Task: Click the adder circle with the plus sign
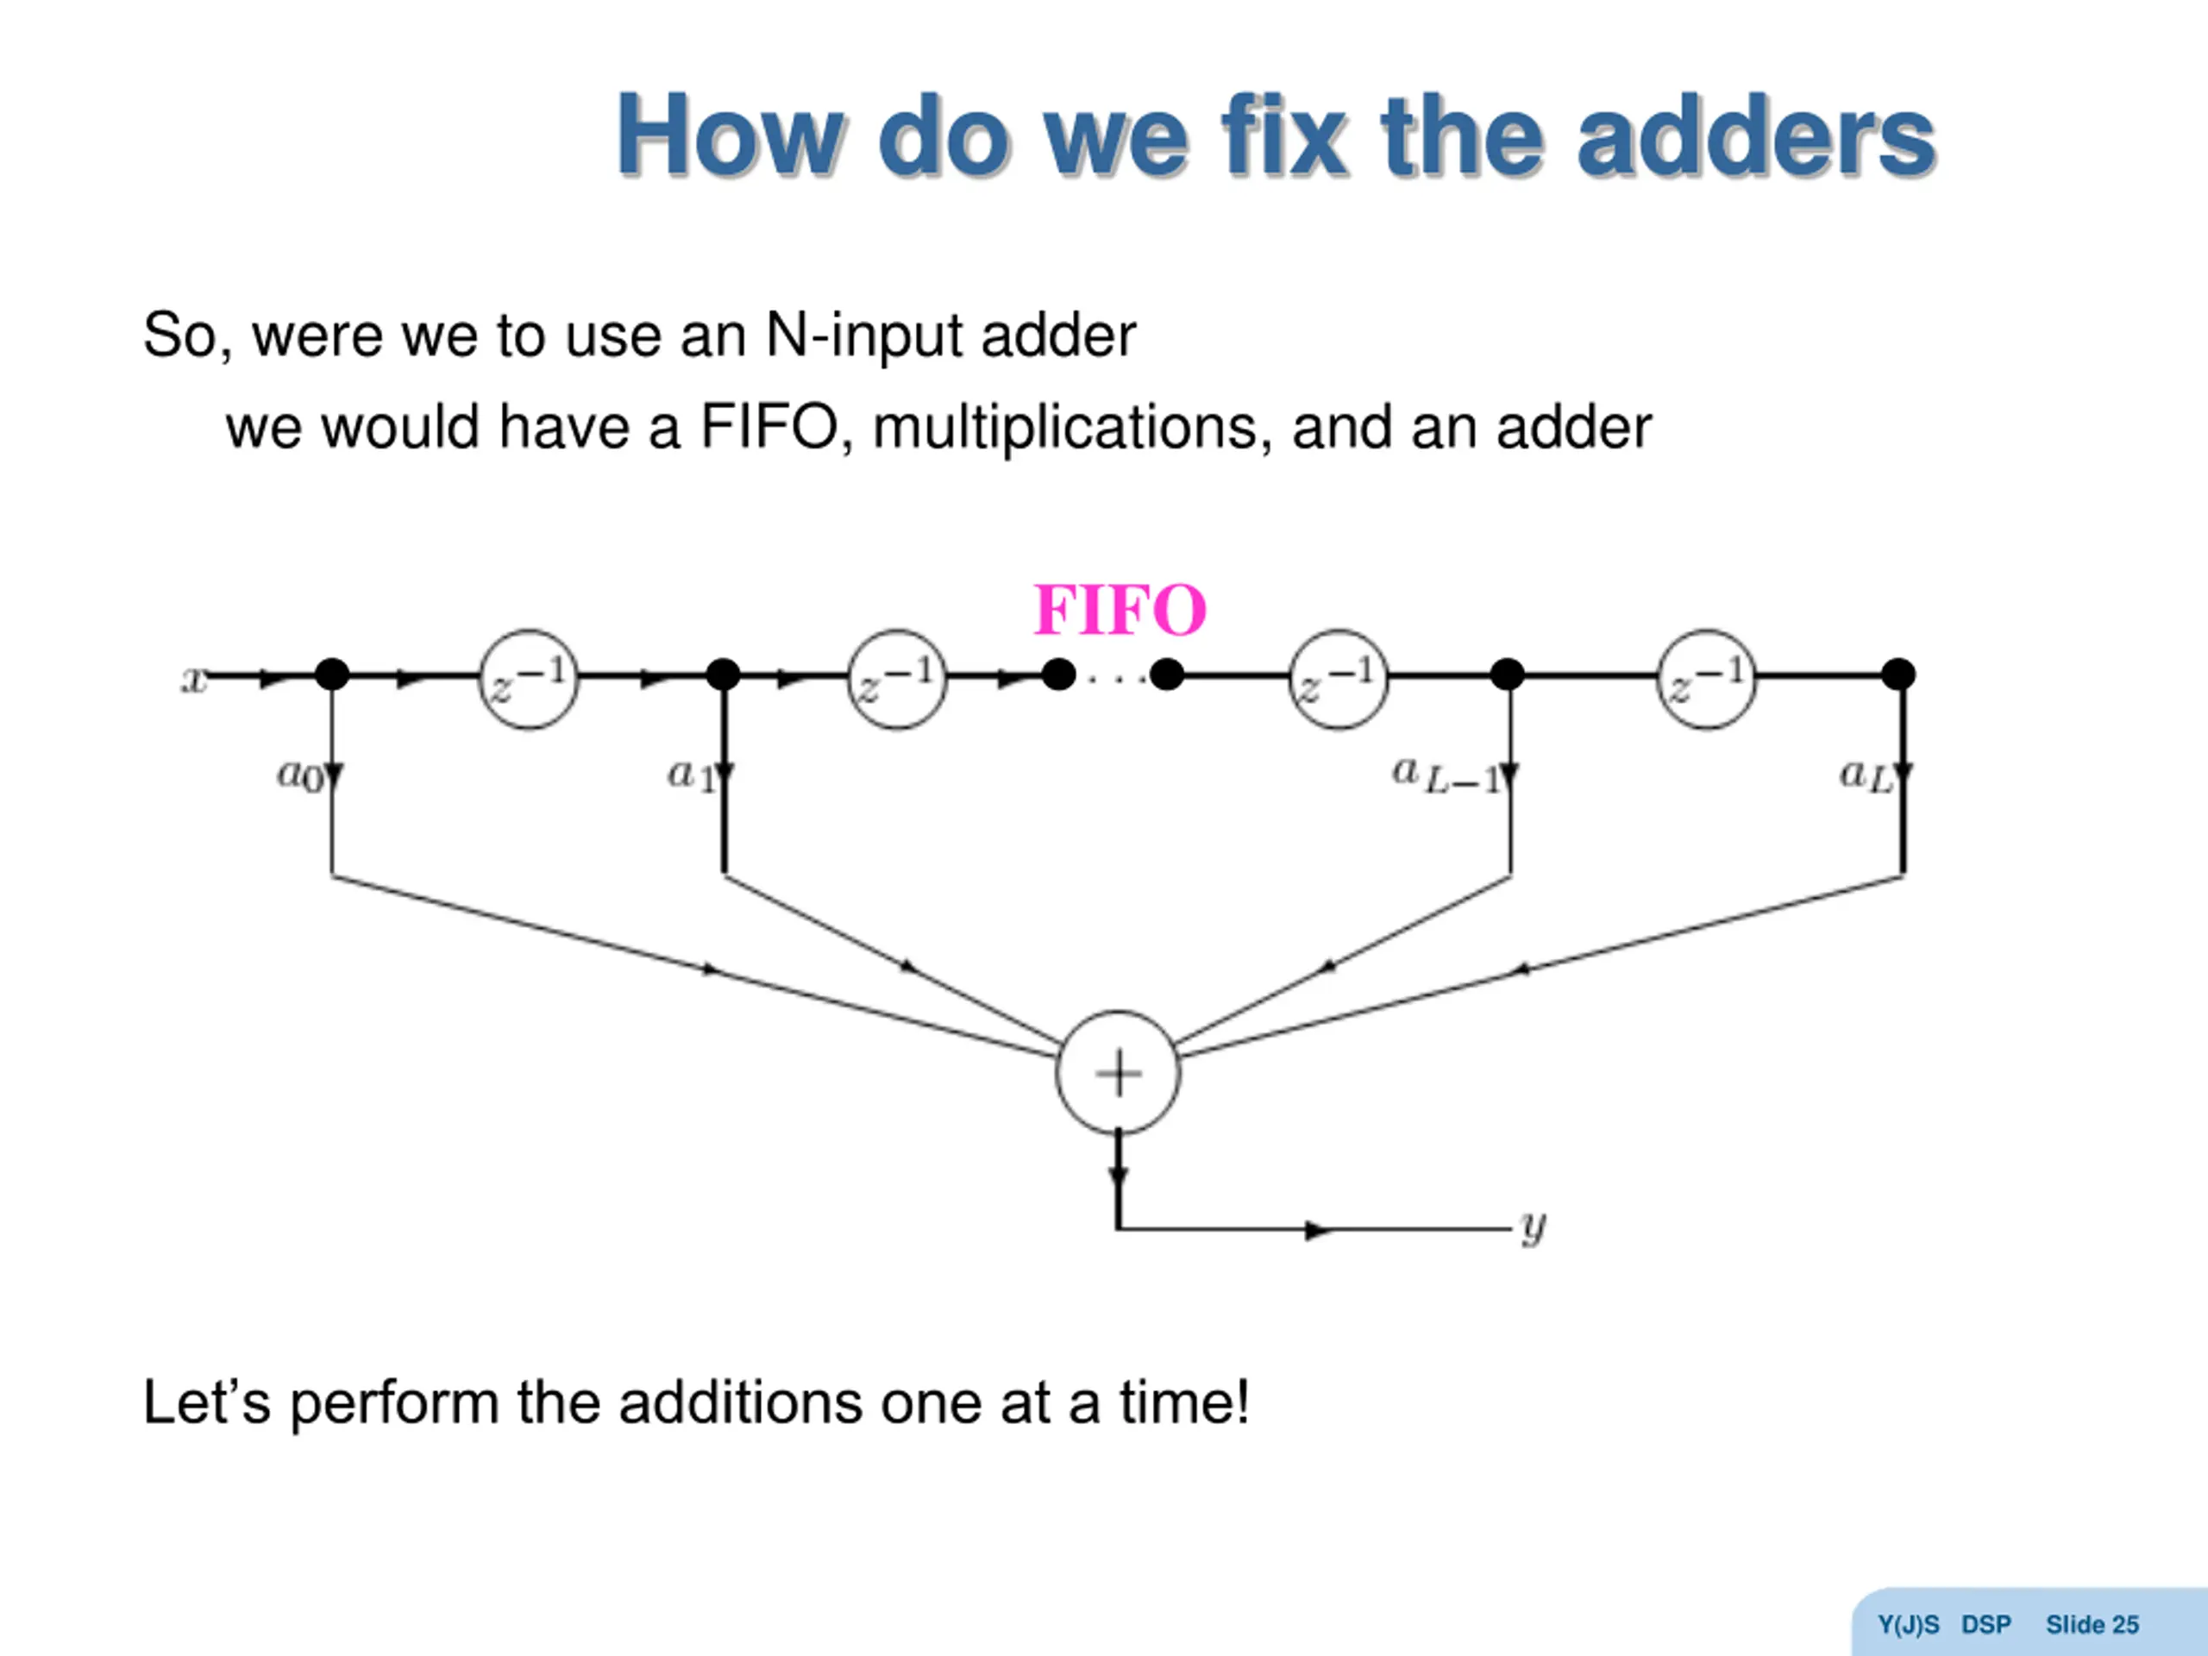[1118, 1073]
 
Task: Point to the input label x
[192, 679]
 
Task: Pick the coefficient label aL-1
[1446, 775]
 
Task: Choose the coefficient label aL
[1866, 775]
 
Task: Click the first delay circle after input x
[529, 679]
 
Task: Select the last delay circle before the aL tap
[1706, 679]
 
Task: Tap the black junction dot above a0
[332, 674]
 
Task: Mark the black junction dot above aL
[1897, 674]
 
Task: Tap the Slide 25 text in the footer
[2092, 1625]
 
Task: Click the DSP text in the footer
[1985, 1625]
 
